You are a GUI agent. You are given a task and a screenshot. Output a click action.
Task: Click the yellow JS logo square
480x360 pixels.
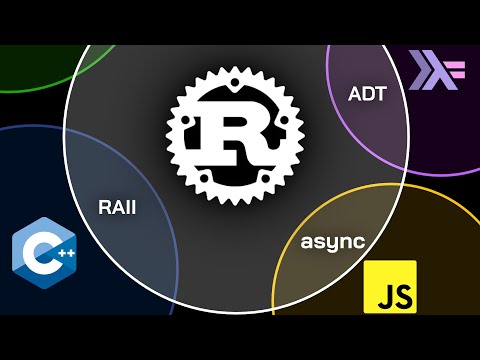coord(390,286)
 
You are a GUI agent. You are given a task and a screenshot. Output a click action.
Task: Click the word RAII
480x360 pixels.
coord(117,209)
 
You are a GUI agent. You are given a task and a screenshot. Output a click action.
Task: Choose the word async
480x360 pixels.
coord(332,242)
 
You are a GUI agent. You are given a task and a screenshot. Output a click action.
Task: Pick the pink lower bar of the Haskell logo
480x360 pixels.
coord(459,76)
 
